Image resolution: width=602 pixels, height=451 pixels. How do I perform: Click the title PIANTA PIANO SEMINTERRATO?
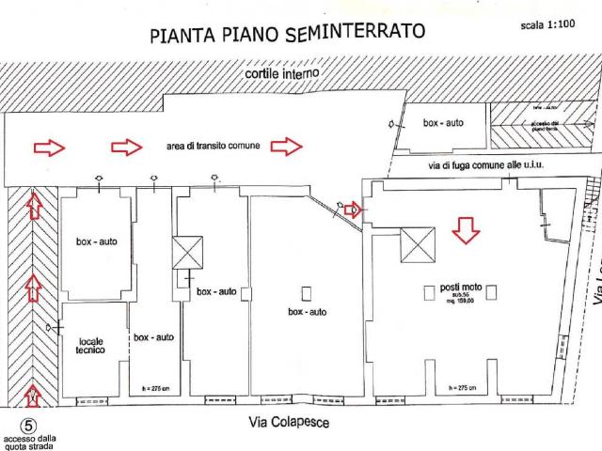(287, 34)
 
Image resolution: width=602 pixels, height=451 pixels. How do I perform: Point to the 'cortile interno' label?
(282, 73)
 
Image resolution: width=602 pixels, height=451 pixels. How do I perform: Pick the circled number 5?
(27, 427)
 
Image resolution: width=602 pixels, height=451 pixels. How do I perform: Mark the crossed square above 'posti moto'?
(418, 246)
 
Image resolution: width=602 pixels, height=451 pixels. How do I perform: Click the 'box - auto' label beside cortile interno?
(443, 123)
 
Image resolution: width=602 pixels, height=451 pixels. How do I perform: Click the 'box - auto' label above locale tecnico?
(96, 241)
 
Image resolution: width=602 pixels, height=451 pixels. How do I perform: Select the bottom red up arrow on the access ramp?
(34, 393)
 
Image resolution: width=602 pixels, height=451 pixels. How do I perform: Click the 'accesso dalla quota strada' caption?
(29, 443)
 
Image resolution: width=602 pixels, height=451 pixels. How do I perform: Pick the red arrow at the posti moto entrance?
(352, 210)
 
